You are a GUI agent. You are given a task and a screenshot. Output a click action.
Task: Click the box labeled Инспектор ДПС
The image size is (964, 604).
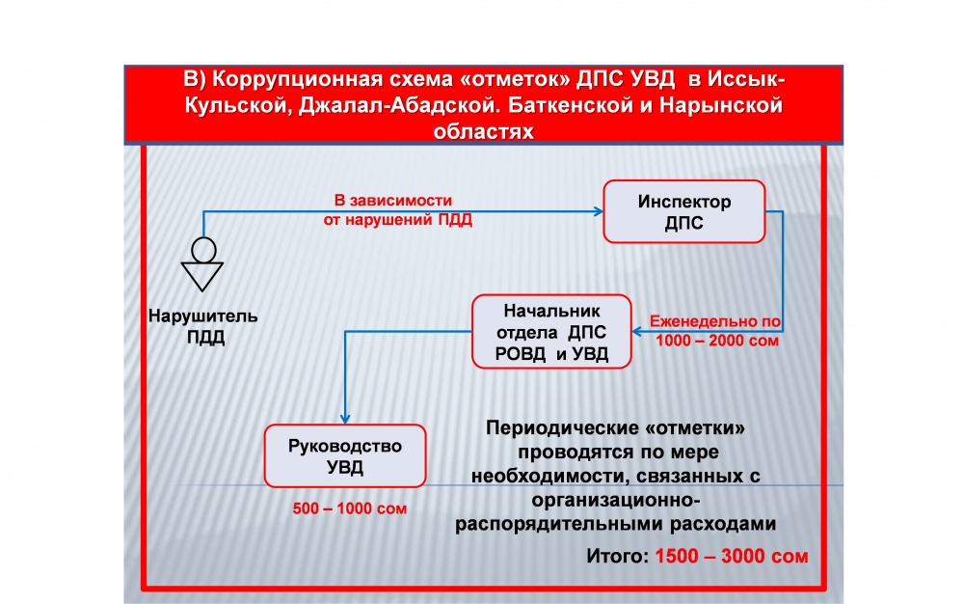pos(684,211)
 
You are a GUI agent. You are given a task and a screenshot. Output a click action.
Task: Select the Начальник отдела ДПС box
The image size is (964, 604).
pos(551,332)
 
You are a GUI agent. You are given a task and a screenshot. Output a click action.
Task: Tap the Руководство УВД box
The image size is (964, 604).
pos(345,455)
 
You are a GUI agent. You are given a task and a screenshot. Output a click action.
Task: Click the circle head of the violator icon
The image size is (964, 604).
pos(203,250)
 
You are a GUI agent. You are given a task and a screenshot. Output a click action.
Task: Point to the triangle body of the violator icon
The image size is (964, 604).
pos(201,276)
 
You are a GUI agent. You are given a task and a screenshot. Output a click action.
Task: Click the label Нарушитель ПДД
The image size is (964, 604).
pos(202,326)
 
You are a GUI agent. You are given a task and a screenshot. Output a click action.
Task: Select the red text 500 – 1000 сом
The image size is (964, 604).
pos(349,508)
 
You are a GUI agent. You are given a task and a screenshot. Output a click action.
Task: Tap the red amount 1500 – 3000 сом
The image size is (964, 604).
pos(731,556)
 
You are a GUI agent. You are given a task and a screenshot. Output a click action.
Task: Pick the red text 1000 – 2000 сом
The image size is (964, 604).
pos(717,341)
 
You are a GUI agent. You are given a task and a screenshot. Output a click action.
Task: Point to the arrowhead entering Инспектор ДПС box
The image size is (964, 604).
pos(599,211)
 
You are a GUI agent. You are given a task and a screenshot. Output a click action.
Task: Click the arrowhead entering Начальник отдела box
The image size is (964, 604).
pos(637,332)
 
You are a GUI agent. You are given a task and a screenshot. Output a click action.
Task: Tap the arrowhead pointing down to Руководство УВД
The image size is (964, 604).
pos(345,418)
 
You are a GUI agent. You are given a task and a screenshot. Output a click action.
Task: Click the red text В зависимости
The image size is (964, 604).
pos(393,201)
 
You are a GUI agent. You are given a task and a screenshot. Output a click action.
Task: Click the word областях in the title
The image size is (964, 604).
pos(483,131)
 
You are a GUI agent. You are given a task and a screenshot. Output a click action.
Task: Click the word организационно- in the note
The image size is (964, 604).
pos(616,500)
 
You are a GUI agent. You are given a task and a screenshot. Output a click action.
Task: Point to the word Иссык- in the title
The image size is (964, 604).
pos(746,79)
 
